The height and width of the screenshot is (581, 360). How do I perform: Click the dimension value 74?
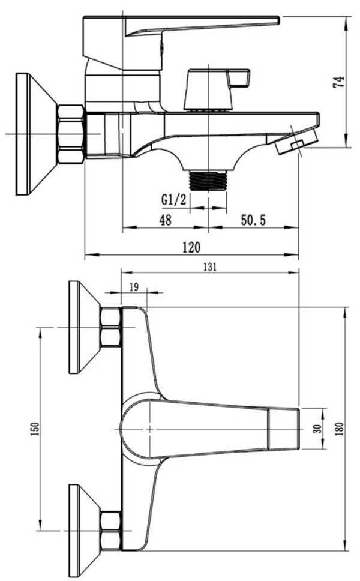click(338, 82)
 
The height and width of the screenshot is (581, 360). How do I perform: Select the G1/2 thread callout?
click(174, 200)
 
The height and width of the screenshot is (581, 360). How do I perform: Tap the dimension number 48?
click(165, 220)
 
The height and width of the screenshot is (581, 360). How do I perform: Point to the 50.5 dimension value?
click(253, 220)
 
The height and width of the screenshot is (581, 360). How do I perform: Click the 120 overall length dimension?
click(191, 247)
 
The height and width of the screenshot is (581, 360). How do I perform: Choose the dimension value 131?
click(210, 267)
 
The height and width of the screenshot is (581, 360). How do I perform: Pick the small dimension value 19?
click(134, 287)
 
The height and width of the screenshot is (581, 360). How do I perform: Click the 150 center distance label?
click(35, 429)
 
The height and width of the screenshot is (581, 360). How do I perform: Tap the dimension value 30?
click(317, 429)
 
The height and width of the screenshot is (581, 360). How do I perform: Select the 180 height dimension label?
click(340, 429)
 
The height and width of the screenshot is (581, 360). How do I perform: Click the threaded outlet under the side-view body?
click(208, 181)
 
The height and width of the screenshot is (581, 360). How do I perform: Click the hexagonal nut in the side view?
click(71, 134)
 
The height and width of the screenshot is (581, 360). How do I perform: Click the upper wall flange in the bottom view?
click(85, 327)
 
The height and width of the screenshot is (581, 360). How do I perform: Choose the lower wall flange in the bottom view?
click(85, 531)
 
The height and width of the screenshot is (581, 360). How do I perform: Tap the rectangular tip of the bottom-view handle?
click(284, 429)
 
